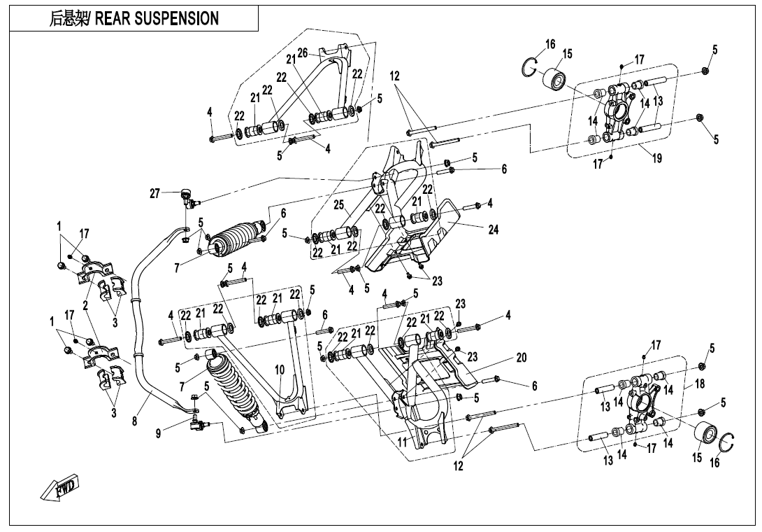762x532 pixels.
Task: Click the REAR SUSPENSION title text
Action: click(x=134, y=19)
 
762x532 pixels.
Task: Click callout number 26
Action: click(x=302, y=53)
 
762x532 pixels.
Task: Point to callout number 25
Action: click(x=339, y=205)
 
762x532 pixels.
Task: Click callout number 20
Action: click(x=520, y=357)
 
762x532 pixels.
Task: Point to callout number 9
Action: click(x=160, y=434)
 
